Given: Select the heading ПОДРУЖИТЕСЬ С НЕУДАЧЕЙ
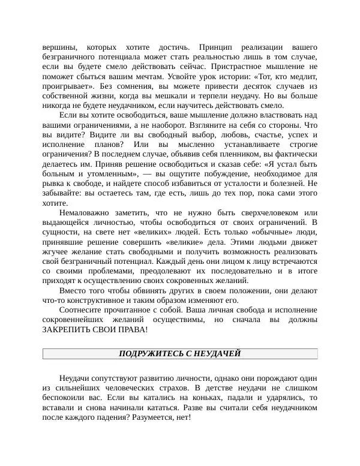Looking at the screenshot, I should click(x=180, y=354).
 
